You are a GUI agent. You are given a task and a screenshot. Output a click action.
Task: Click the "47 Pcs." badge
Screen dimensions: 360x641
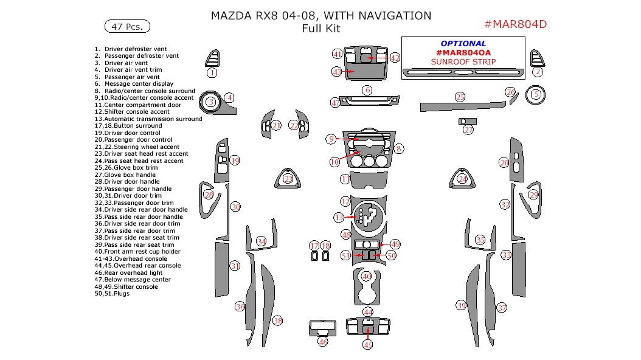[x=128, y=26]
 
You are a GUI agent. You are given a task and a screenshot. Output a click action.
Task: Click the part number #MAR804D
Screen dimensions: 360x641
[x=515, y=24]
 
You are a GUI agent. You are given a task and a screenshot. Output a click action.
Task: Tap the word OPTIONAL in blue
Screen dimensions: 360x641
[x=463, y=44]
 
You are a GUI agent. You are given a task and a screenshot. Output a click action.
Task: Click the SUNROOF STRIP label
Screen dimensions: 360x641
[x=463, y=61]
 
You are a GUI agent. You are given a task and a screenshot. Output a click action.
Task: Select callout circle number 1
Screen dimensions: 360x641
[x=212, y=72]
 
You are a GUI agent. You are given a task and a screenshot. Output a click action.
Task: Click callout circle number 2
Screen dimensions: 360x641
[x=538, y=72]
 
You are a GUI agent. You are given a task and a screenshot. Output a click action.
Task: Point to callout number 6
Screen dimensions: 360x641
[x=367, y=91]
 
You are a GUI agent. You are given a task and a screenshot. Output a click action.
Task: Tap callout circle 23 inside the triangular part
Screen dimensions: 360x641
[x=288, y=178]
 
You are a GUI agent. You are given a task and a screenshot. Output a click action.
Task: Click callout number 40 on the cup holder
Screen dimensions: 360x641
[x=366, y=275]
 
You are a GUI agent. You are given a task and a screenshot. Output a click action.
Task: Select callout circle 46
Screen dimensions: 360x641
[x=323, y=342]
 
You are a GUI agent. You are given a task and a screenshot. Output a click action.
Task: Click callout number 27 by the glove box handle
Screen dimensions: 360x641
[x=468, y=130]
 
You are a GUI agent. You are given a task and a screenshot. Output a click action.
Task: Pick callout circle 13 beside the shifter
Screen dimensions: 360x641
[x=339, y=217]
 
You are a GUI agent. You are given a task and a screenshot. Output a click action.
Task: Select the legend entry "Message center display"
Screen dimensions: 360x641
[x=139, y=84]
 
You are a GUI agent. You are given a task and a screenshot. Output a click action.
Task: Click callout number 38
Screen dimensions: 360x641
[x=277, y=320]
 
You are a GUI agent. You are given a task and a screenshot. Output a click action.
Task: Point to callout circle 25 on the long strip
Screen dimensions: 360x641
[x=460, y=97]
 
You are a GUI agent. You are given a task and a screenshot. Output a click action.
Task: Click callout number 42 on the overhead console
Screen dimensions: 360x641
[x=395, y=58]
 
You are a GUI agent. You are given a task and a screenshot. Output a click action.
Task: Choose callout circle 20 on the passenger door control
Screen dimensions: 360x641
[x=504, y=162]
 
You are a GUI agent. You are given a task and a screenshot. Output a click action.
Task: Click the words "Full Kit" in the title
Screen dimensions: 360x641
[x=320, y=29]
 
